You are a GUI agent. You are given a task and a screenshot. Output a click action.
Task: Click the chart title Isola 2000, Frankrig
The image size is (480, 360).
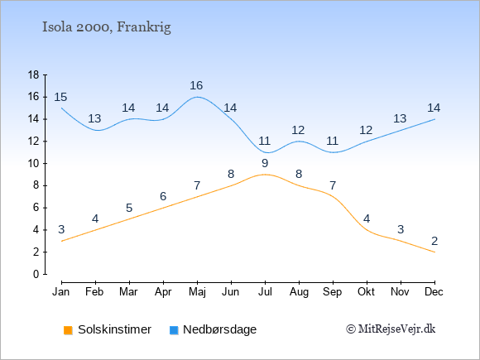[x=106, y=27]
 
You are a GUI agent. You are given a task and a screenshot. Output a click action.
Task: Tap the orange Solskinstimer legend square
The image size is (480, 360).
[x=68, y=330]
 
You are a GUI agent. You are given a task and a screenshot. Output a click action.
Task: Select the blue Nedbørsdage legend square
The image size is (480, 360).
[x=174, y=330]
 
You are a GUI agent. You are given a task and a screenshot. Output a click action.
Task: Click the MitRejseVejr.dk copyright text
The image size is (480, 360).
[x=391, y=329]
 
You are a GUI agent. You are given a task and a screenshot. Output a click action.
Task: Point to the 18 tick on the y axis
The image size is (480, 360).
[x=34, y=74]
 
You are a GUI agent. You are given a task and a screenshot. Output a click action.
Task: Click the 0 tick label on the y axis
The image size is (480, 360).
[x=36, y=274]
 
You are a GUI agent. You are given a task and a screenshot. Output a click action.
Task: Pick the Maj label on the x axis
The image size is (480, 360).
[x=197, y=292]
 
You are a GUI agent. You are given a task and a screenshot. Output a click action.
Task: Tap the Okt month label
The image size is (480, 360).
[x=366, y=292]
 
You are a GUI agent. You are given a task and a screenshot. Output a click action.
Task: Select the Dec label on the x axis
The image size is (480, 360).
[x=434, y=292]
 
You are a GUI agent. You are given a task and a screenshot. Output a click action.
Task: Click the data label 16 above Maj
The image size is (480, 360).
[x=196, y=85]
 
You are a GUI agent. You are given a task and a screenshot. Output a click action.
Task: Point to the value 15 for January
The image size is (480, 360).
[x=60, y=97]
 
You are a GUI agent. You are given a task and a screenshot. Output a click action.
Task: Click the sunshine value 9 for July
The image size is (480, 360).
[x=265, y=163]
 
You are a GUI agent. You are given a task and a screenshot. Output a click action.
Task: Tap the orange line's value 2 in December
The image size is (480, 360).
[x=434, y=241]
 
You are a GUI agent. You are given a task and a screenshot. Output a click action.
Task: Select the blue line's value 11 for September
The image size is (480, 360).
[x=332, y=141]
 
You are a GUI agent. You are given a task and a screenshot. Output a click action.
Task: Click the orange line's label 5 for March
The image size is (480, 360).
[x=129, y=208]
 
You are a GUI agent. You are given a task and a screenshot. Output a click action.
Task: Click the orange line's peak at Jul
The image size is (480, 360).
[x=265, y=175]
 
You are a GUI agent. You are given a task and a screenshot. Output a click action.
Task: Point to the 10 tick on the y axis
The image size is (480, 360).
[x=34, y=163]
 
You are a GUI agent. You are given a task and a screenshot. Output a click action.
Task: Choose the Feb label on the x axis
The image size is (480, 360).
[x=94, y=292]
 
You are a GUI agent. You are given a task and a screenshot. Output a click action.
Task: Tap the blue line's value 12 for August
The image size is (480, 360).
[x=298, y=130]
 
